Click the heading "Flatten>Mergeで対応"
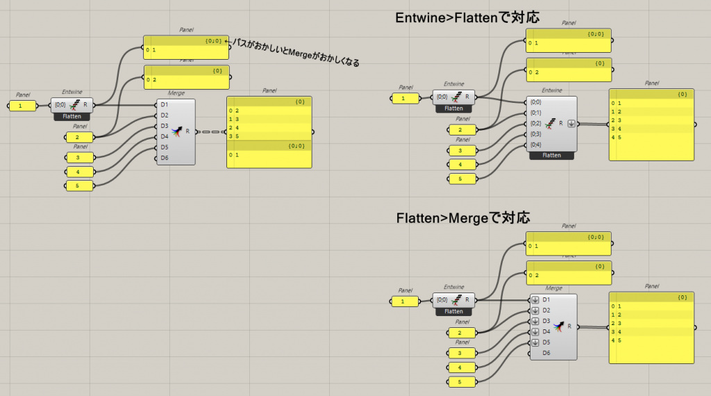coord(463,217)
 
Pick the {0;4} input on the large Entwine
coord(536,145)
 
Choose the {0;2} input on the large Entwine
coord(536,123)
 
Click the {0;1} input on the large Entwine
coord(536,113)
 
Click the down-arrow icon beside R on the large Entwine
coord(571,124)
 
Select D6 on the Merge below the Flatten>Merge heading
coord(546,353)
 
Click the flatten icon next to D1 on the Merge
coord(535,300)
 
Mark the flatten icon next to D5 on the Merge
coord(535,343)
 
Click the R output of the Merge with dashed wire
coord(187,131)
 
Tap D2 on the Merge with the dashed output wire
coord(165,115)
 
